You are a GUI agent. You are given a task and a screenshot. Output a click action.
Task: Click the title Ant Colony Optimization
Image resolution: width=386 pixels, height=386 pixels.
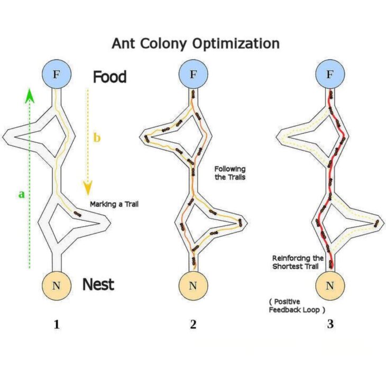coord(195,43)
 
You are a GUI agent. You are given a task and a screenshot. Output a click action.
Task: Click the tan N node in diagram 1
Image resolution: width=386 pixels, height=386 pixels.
coord(56,286)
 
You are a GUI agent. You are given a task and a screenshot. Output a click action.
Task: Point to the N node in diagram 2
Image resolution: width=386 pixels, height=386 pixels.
coord(192,286)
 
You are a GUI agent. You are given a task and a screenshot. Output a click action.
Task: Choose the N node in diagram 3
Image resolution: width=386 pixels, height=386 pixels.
coord(330,286)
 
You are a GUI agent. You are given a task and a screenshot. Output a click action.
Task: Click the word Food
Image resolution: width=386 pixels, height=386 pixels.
coord(110,77)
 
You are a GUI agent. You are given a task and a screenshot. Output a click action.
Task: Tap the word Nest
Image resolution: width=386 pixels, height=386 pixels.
coord(98,285)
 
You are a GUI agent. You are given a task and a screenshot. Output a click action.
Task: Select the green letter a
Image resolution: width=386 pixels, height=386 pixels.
coord(21,194)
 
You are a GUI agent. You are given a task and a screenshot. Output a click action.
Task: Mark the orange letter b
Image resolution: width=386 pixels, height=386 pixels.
coord(97,138)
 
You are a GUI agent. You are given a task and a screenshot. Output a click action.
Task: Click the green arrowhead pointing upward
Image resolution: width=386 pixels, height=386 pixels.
coord(30,96)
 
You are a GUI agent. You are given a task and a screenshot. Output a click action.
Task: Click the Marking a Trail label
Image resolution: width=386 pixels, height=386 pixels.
coord(114,204)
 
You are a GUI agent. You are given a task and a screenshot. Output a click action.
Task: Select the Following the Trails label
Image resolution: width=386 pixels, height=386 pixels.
coord(230,172)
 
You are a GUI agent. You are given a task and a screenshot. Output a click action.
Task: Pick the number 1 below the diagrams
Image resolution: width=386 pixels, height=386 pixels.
coord(56,325)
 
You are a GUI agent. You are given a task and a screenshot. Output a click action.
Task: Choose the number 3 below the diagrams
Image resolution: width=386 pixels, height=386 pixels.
coord(330,325)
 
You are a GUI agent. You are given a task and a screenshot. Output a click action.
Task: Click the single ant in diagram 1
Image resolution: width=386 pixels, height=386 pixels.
coord(78,214)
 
